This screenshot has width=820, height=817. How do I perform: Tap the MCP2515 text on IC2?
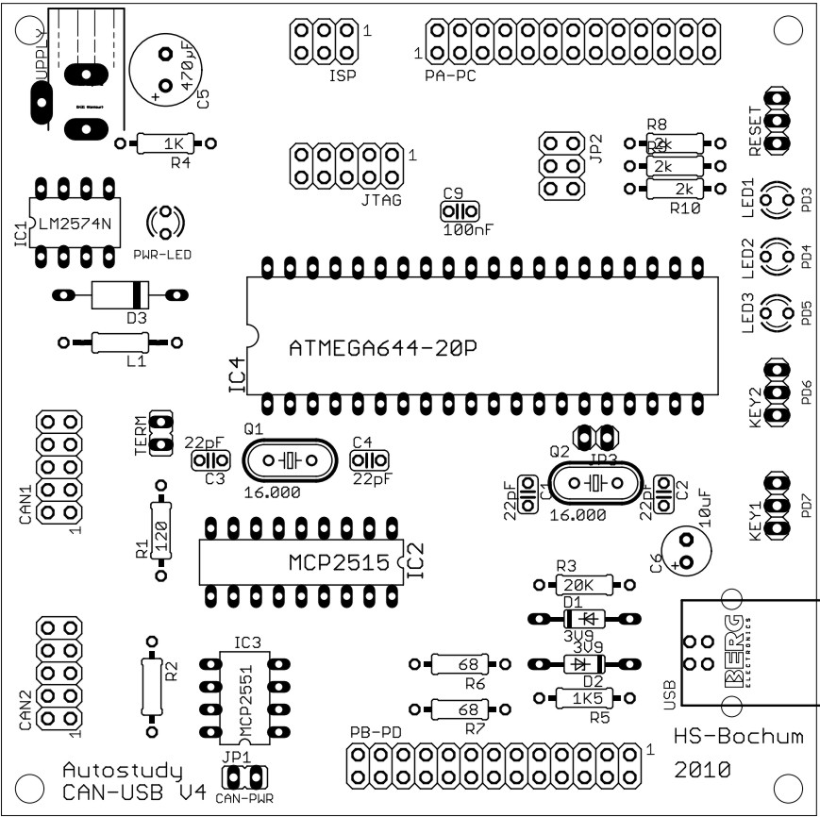(x=338, y=563)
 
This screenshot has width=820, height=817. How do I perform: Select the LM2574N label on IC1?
(x=75, y=224)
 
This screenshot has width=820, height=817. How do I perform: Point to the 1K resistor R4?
(x=166, y=143)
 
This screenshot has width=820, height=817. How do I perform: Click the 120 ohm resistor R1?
(x=160, y=528)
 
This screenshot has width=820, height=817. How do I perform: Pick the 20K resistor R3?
(x=584, y=584)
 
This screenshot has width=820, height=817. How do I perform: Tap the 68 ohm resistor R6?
(x=460, y=664)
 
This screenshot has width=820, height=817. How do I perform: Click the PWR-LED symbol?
(x=166, y=223)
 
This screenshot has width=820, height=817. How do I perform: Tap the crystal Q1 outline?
(x=289, y=460)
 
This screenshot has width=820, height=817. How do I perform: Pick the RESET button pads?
(x=777, y=121)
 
